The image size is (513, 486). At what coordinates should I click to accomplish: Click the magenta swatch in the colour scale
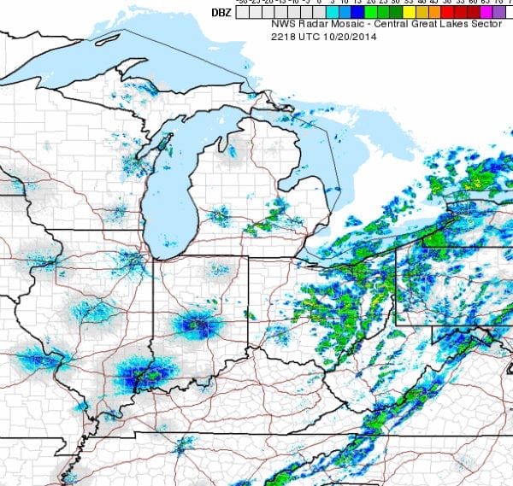tap(485, 13)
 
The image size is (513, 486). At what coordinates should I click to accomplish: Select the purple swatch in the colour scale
tap(498, 13)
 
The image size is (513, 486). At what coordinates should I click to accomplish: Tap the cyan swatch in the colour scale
tap(332, 13)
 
